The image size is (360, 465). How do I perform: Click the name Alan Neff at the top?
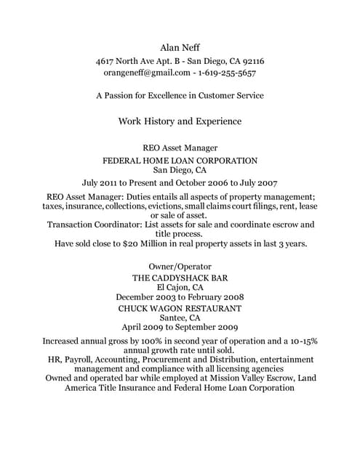click(180, 48)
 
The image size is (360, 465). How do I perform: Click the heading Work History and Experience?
click(180, 121)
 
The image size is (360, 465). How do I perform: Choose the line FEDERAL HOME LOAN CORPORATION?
click(180, 160)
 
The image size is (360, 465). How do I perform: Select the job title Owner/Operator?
click(180, 267)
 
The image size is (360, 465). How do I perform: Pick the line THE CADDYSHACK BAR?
click(180, 278)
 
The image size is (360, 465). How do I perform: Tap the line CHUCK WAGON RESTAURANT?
click(180, 308)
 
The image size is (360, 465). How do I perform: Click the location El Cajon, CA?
click(180, 288)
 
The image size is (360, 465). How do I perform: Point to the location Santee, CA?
click(180, 318)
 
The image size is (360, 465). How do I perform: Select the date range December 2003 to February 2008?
click(180, 297)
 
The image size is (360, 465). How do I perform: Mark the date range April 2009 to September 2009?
click(180, 327)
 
